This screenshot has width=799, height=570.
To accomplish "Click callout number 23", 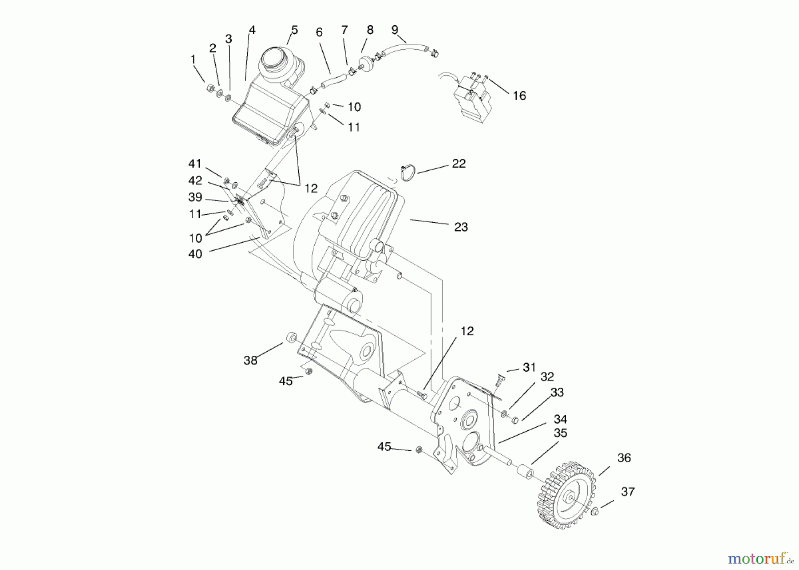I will click(461, 227).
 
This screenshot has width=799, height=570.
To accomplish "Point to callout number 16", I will click(519, 96).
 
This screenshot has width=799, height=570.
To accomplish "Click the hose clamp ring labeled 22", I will click(408, 173).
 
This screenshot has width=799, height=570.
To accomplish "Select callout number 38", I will click(250, 360).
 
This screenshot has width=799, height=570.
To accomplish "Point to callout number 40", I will click(195, 254).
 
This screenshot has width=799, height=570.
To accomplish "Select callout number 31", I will click(529, 367).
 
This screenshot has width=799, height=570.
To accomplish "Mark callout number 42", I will click(195, 181).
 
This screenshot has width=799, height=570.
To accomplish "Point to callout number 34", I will click(560, 419).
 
